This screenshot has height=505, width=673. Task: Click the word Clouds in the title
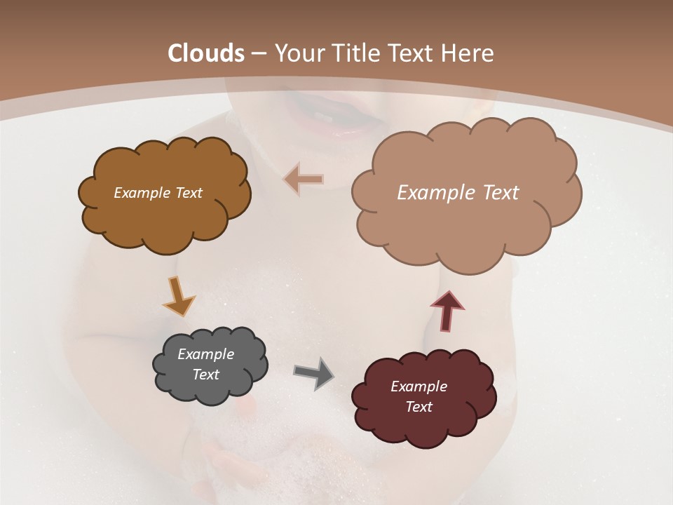coord(205,53)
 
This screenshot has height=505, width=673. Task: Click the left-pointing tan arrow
coord(304,180)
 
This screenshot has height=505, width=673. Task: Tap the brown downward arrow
coord(178,295)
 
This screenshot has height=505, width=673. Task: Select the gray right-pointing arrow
coord(313,372)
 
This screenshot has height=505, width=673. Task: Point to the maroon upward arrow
coord(447,309)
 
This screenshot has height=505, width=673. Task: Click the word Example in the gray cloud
coord(205,355)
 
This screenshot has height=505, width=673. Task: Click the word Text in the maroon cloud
coord(419,407)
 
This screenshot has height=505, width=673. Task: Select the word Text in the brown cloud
coord(187,193)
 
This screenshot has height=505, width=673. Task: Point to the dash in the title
coord(257,53)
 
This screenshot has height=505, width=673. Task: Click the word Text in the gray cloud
coord(205,375)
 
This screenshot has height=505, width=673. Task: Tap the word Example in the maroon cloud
coord(419,386)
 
